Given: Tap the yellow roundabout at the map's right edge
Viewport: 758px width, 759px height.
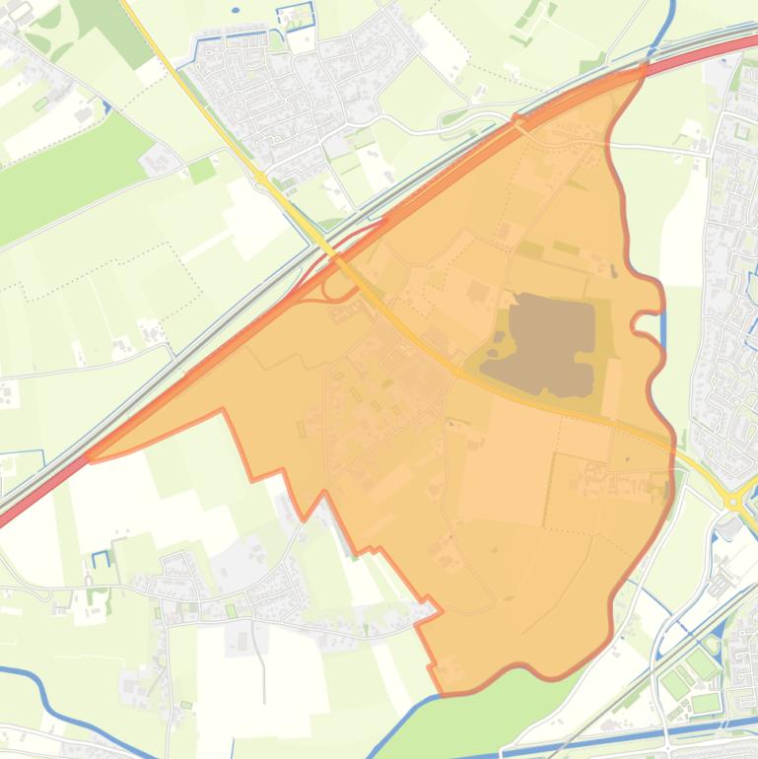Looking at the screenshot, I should coord(735,502).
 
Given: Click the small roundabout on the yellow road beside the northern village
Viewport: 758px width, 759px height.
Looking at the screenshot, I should coord(260,177).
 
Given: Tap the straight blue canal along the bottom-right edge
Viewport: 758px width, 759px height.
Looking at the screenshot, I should coord(690,729).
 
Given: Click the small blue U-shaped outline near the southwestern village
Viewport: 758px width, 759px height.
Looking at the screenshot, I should coord(101,558).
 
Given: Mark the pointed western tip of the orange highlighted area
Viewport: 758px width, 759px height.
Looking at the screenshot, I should coord(92,459).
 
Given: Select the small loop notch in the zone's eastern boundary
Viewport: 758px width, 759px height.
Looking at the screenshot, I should coord(641,320).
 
